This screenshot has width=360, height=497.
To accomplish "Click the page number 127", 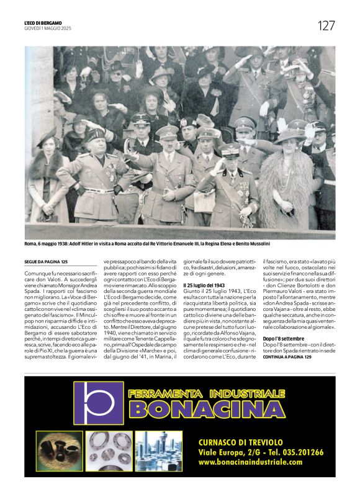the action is (x=326, y=25).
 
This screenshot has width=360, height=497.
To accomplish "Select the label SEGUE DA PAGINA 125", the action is (x=46, y=262).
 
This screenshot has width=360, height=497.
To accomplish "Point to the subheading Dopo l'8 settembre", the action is (x=284, y=338).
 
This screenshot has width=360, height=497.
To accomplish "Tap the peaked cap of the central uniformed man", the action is (x=168, y=132).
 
